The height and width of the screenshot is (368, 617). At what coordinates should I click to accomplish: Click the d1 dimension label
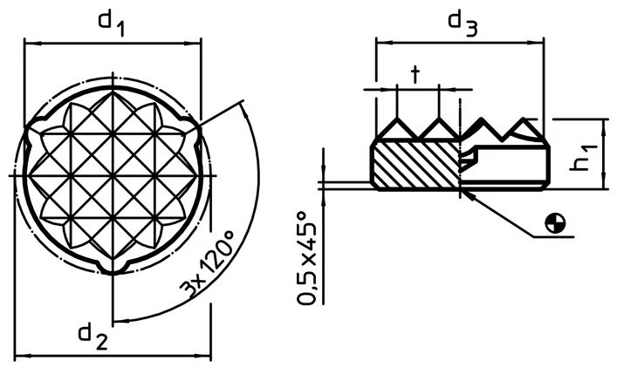click(x=112, y=24)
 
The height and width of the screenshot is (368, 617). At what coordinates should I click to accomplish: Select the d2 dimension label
click(x=93, y=337)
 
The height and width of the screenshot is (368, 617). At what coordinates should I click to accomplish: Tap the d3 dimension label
click(x=463, y=24)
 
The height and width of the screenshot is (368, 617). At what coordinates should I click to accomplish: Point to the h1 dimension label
click(x=585, y=158)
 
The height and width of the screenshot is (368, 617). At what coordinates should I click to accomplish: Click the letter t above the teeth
click(x=415, y=75)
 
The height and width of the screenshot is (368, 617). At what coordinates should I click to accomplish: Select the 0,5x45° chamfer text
click(x=307, y=258)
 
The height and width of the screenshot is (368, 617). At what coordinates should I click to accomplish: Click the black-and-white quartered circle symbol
click(x=555, y=223)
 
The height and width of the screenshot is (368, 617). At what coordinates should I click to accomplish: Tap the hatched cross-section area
click(x=416, y=164)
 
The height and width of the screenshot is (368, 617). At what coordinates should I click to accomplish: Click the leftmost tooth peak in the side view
click(x=397, y=118)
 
